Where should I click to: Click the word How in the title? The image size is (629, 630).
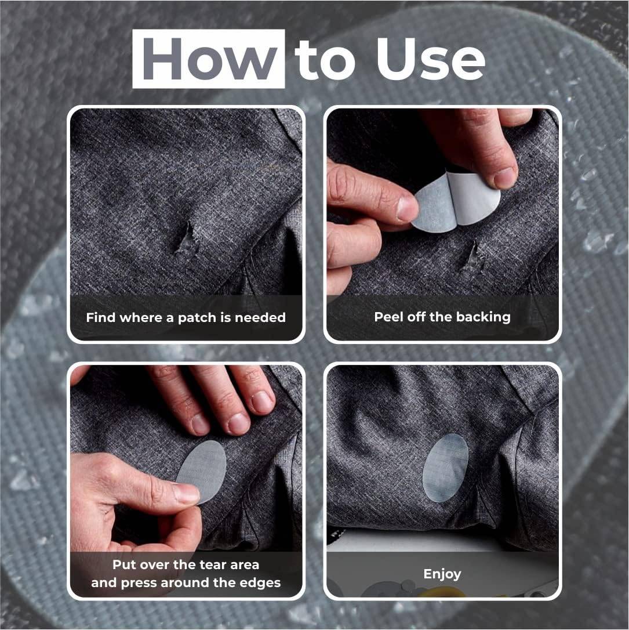click(x=208, y=59)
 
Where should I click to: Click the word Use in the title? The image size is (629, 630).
click(x=430, y=59)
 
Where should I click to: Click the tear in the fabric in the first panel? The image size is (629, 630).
click(x=187, y=240)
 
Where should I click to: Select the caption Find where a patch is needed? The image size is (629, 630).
click(x=186, y=317)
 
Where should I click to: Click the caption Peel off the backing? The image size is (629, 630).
click(x=442, y=317)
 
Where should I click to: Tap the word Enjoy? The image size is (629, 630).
click(x=442, y=574)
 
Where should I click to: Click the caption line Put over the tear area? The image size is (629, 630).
click(x=186, y=564)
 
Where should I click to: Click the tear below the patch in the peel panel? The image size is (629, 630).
click(x=473, y=257)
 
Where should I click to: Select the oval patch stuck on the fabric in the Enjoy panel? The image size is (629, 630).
click(x=445, y=468)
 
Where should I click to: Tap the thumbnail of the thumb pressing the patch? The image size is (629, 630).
click(x=187, y=493)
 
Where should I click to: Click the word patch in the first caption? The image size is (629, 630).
click(x=201, y=317)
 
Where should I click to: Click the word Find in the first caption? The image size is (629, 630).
click(x=100, y=317)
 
